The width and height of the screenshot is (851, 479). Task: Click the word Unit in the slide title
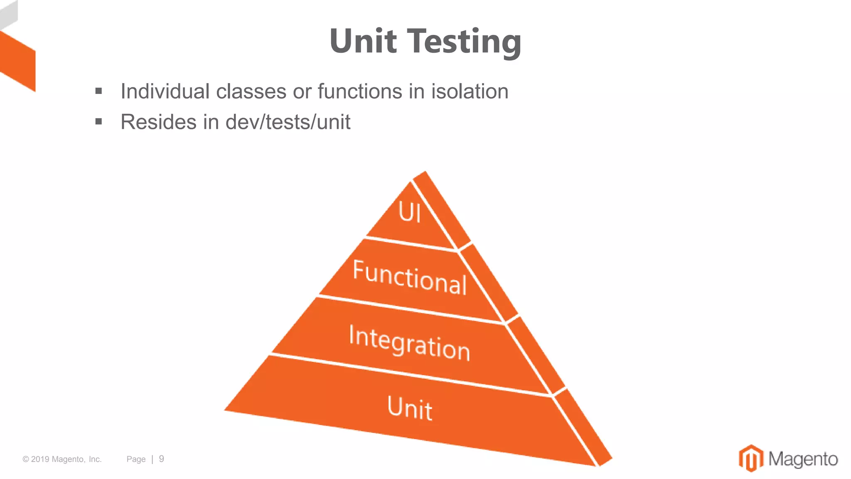363,41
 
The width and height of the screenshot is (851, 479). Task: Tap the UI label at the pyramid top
410,212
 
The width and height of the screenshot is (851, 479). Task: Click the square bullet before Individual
98,91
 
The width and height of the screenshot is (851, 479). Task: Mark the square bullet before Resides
98,121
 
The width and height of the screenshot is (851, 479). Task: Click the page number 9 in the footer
162,459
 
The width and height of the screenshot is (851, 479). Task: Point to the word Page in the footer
136,459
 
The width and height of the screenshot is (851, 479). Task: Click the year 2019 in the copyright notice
40,459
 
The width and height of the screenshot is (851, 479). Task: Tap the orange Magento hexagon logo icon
751,458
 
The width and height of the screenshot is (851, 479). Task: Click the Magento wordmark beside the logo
803,459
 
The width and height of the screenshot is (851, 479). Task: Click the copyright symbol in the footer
26,459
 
